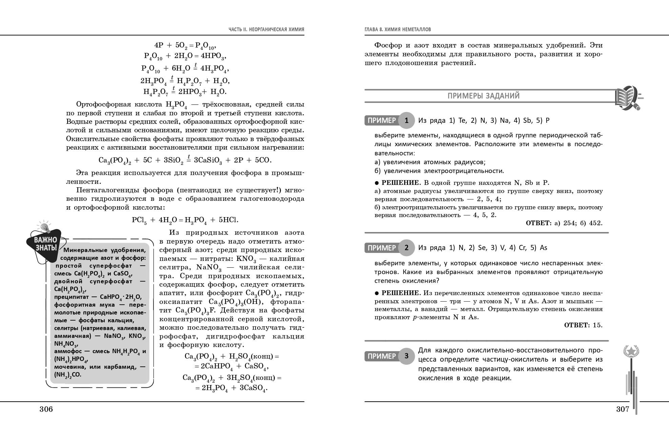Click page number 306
(46, 409)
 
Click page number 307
(623, 409)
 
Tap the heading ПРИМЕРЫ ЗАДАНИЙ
(484, 96)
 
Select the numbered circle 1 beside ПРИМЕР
(406, 120)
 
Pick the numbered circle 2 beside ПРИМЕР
(406, 248)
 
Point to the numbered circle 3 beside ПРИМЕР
(406, 356)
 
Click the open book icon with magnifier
(627, 97)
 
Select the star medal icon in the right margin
(631, 351)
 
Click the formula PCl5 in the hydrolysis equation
(139, 220)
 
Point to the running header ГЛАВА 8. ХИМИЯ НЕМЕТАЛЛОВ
(398, 30)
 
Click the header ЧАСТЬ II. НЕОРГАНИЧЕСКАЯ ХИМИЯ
(266, 30)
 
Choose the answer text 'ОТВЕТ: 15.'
(583, 325)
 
